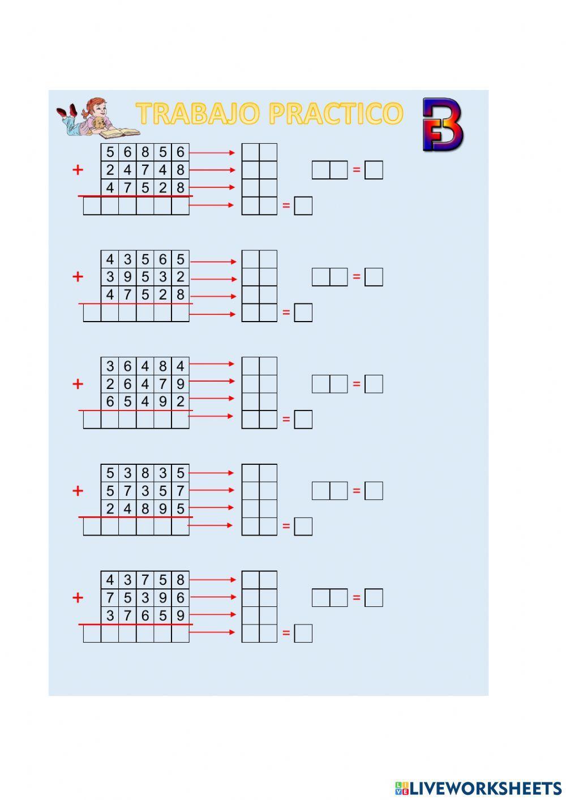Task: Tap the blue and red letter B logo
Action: tap(443, 125)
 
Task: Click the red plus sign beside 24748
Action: tap(78, 169)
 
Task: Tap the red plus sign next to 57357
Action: tap(78, 490)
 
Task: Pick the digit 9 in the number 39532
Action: tap(127, 277)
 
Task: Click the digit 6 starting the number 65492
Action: tap(110, 401)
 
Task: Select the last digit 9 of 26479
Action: tap(180, 384)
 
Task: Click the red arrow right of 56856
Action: tap(212, 152)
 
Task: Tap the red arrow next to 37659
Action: tap(212, 614)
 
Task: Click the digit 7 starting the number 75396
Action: tap(110, 597)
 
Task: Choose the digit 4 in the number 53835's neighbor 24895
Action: tap(127, 508)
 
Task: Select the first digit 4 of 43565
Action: tap(110, 259)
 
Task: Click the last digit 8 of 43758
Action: tap(180, 580)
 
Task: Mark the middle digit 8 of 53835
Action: tap(145, 473)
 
